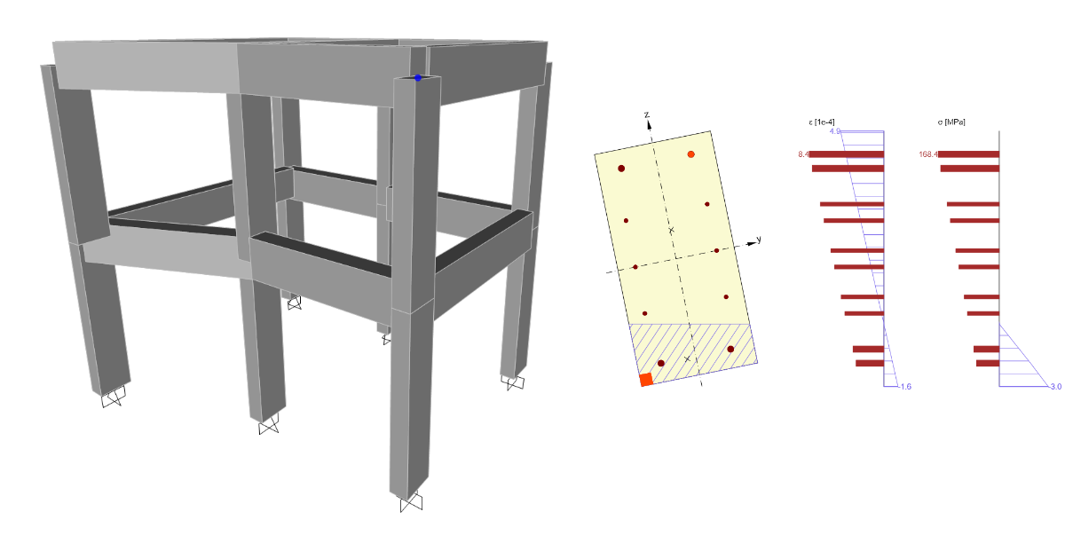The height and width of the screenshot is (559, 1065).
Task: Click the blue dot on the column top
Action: tap(418, 77)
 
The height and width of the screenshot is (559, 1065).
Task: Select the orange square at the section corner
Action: tap(646, 380)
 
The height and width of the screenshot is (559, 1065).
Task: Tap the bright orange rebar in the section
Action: tap(690, 154)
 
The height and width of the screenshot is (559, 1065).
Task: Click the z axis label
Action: tap(647, 115)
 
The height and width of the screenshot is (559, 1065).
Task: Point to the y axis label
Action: tap(759, 239)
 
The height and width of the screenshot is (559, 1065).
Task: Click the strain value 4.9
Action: tap(835, 131)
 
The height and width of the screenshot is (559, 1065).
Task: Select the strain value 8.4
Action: tap(803, 154)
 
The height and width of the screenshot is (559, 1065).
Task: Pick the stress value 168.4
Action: tap(928, 154)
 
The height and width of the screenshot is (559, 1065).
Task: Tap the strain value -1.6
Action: tap(904, 387)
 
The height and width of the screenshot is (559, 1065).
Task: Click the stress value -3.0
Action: tap(1055, 387)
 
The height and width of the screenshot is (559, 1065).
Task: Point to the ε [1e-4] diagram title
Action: tap(822, 122)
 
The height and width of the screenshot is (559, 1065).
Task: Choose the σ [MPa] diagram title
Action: tap(951, 122)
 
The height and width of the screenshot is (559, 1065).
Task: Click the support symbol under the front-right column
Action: tap(411, 502)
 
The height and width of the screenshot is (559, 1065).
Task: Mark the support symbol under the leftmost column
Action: tap(114, 397)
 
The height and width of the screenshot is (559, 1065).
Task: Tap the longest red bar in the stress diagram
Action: tap(968, 154)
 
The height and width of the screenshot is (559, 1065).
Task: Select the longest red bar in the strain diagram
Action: tap(847, 154)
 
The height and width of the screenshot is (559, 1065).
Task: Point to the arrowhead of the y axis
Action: tap(752, 243)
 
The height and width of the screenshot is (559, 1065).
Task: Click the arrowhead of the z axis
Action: tap(649, 125)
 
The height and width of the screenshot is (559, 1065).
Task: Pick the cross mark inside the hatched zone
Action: tap(687, 358)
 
